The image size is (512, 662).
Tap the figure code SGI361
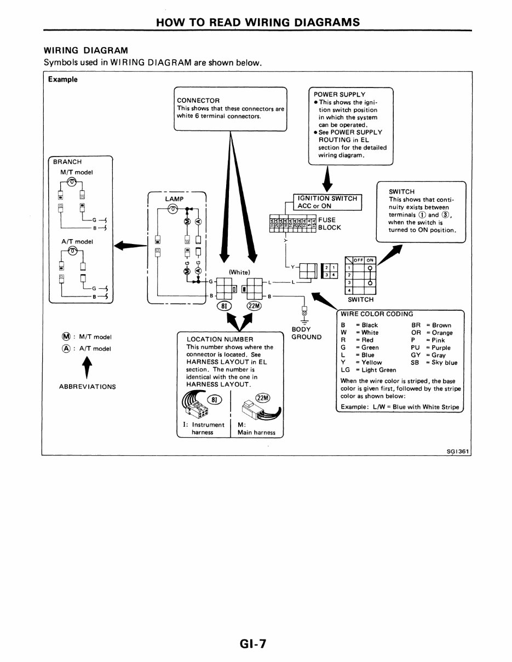[x=458, y=451]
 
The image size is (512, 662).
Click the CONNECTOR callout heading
[x=198, y=100]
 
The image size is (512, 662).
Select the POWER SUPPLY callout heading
[x=339, y=95]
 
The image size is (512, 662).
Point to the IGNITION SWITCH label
[x=327, y=198]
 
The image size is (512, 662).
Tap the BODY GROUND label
[x=306, y=333]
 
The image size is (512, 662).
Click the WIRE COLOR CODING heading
[x=377, y=314]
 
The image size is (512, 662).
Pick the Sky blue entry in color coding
[x=444, y=362]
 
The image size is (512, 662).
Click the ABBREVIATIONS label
[x=87, y=386]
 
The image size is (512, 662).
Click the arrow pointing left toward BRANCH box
[x=130, y=246]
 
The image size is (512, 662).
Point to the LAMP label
[x=174, y=199]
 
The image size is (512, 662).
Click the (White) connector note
[x=239, y=272]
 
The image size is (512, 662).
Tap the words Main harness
[x=256, y=432]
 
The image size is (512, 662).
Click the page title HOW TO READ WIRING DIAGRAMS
[x=258, y=22]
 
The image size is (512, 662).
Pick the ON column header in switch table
[x=370, y=260]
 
